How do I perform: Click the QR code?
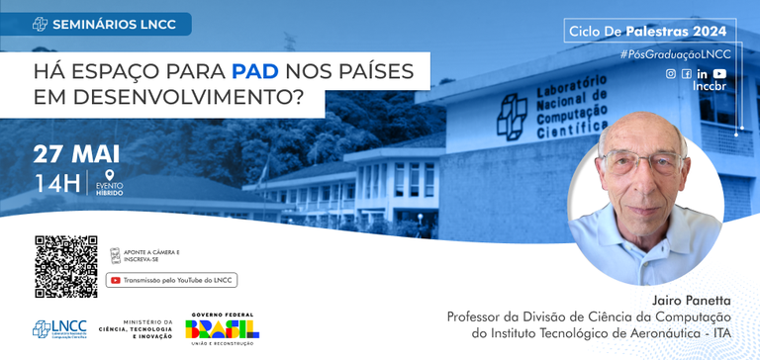click(x=66, y=266)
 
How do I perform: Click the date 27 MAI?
click(x=76, y=154)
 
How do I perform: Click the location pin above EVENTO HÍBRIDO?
click(x=109, y=176)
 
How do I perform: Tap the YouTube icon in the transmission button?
click(x=116, y=280)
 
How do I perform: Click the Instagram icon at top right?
click(x=671, y=74)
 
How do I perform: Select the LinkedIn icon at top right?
click(x=702, y=74)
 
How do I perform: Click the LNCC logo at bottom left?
click(x=59, y=329)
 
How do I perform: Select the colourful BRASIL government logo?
click(x=220, y=329)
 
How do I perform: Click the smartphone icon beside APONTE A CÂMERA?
click(x=116, y=255)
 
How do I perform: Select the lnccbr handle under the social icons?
click(x=710, y=87)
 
